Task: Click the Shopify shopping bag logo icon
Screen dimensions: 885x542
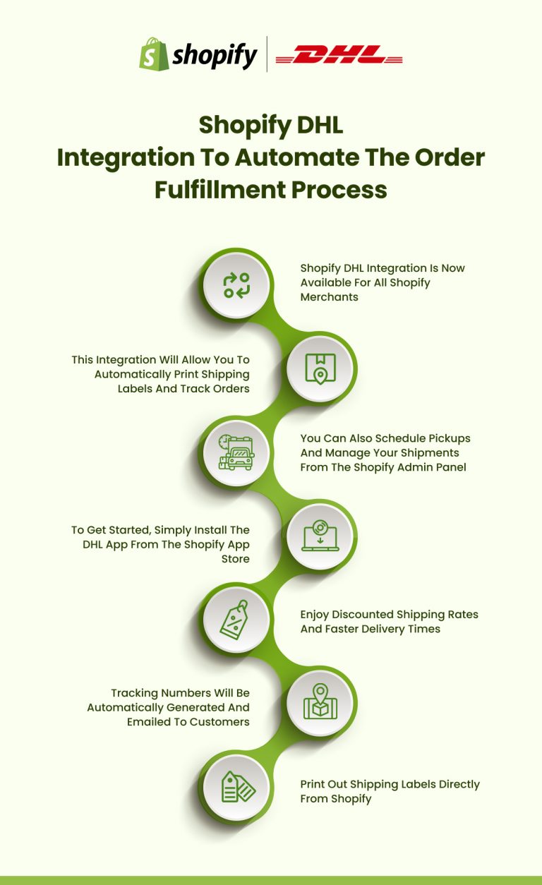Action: click(x=153, y=54)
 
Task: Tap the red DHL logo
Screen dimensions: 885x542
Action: click(x=339, y=55)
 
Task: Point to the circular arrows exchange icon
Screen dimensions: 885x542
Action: click(x=236, y=284)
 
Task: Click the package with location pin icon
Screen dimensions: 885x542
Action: click(x=320, y=368)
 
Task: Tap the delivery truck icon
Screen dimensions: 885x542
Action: click(x=236, y=452)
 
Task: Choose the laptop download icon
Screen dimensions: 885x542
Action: click(x=320, y=537)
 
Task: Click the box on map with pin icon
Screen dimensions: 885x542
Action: click(x=320, y=703)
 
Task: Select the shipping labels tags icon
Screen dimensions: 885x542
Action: click(x=236, y=787)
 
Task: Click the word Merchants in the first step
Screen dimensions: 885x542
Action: click(x=330, y=297)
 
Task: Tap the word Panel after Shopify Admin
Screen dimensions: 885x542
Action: click(x=450, y=467)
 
